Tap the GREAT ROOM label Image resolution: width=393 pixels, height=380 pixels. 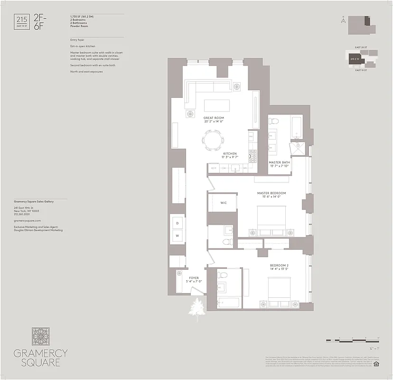pos(214,118)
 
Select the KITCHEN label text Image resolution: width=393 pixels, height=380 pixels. pos(230,154)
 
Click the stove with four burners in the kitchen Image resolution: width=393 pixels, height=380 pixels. pos(253,155)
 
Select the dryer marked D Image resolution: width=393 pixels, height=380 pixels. pos(178,222)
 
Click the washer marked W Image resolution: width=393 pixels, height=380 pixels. pos(178,235)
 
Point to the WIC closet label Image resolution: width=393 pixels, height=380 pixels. pos(223,203)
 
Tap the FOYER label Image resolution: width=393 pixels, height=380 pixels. pos(194,278)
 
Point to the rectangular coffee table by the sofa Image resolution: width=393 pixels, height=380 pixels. pos(217,104)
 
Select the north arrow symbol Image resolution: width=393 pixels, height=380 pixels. pos(342,20)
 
